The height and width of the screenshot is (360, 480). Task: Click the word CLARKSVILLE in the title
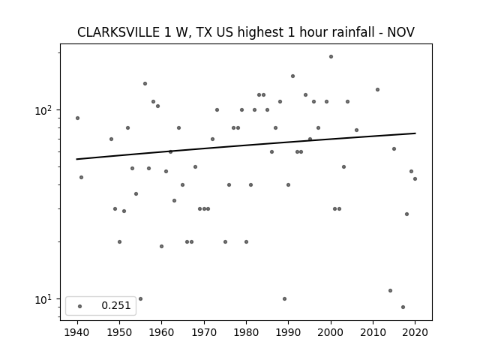(x=118, y=32)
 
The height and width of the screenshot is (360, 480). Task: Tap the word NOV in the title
(x=401, y=32)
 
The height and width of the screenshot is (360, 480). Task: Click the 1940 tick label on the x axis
(x=77, y=332)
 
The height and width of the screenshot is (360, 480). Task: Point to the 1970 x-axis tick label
(x=204, y=332)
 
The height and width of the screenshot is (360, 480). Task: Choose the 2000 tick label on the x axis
(x=331, y=332)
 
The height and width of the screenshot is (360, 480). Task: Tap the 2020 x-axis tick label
(x=415, y=332)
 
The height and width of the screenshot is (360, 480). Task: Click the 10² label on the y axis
(x=43, y=110)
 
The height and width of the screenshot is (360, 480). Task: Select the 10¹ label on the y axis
(x=43, y=300)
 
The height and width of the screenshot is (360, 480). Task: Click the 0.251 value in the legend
(x=116, y=305)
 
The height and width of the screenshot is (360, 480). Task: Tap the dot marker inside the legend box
(x=80, y=306)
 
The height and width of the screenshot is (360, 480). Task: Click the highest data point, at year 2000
(x=331, y=57)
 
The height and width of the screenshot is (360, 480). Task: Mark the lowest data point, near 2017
(x=403, y=307)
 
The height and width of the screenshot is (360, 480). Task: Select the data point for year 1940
(x=77, y=118)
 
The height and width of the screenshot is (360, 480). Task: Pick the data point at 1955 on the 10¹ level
(x=140, y=298)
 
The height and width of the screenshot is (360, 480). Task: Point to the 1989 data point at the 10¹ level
(x=284, y=298)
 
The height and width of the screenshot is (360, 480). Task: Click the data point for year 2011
(x=377, y=90)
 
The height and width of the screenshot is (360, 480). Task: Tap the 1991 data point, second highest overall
(x=292, y=76)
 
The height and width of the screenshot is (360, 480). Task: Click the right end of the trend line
(x=415, y=133)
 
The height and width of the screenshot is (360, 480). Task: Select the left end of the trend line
(x=76, y=159)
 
